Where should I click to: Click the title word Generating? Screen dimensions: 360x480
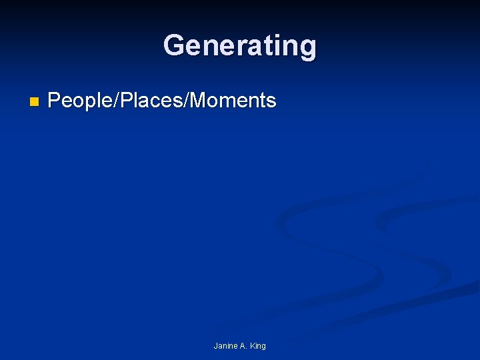point(240,46)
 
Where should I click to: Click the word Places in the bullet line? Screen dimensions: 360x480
point(154,101)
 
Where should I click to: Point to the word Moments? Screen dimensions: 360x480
point(233,101)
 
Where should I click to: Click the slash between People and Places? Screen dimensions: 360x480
point(118,101)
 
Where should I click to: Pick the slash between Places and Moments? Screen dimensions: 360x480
point(189,101)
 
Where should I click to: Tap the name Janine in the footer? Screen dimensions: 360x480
point(225,346)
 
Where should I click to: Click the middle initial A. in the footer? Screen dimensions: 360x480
point(244,346)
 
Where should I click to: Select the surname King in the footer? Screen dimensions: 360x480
point(259,346)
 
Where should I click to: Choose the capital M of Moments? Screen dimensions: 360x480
point(201,101)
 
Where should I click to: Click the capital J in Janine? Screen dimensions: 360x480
point(216,346)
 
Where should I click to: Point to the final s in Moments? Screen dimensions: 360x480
point(271,101)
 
